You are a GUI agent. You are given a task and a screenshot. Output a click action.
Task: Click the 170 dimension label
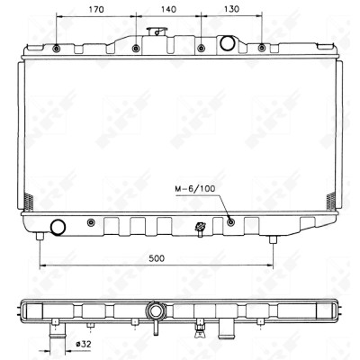pyautogui.click(x=96, y=10)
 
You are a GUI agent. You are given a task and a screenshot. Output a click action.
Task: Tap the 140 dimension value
pyautogui.click(x=168, y=10)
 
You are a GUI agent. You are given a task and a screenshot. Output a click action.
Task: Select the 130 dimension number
pyautogui.click(x=231, y=9)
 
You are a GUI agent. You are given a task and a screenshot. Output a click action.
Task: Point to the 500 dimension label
pyautogui.click(x=157, y=258)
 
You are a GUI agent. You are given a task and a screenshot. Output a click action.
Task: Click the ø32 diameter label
pyautogui.click(x=84, y=344)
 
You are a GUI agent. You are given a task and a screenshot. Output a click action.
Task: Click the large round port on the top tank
pyautogui.click(x=227, y=42)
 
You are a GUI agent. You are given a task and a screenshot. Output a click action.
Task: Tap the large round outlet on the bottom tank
pyautogui.click(x=58, y=227)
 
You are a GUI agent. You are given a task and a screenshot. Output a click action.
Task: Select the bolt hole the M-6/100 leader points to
pyautogui.click(x=230, y=222)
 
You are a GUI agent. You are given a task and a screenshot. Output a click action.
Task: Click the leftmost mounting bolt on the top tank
pyautogui.click(x=57, y=48)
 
